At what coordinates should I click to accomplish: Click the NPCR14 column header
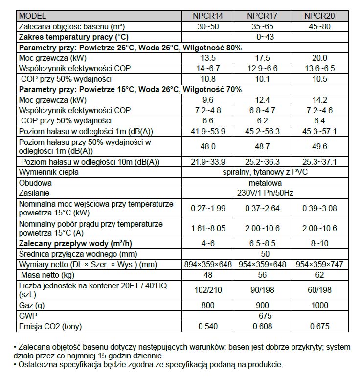208,16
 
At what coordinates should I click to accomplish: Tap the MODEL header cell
35,16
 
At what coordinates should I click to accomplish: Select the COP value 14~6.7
208,68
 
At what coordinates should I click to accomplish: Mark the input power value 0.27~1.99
208,208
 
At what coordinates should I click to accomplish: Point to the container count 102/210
208,290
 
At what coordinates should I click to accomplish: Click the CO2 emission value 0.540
208,326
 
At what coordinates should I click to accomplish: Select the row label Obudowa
35,182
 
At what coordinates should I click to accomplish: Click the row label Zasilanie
34,193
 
